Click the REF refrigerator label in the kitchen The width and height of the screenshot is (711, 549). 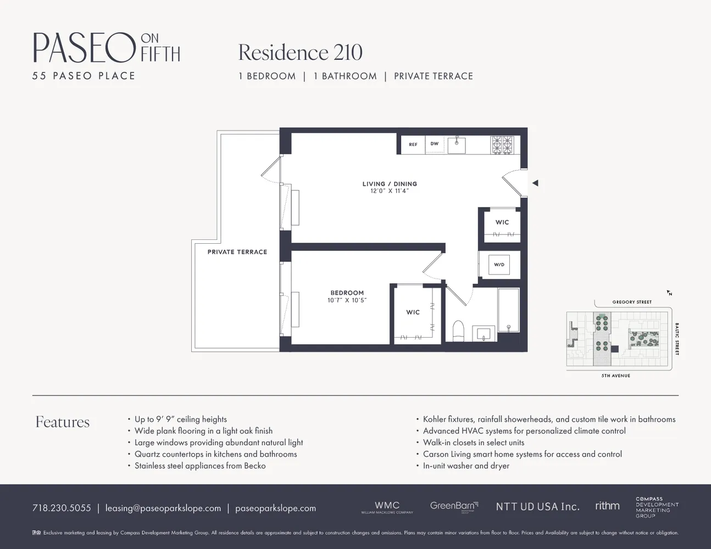point(413,144)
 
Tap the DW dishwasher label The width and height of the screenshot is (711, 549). point(434,144)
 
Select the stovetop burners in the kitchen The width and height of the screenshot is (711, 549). point(502,144)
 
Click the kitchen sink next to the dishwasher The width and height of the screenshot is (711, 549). point(457,145)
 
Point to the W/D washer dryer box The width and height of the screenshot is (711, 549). point(499,265)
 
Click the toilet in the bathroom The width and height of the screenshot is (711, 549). point(458,330)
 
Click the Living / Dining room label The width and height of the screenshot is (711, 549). point(390,184)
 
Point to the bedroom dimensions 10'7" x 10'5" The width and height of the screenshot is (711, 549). point(347,300)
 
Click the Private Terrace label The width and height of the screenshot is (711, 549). point(237,252)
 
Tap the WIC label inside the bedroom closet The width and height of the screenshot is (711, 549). point(413,312)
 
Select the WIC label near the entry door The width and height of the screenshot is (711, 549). point(502,222)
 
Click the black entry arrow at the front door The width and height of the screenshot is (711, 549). point(535,183)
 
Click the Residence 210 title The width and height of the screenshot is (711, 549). point(300,53)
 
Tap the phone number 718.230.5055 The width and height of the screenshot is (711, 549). point(62,508)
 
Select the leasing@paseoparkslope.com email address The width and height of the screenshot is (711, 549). point(163,508)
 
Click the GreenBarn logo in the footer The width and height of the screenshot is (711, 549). point(454,506)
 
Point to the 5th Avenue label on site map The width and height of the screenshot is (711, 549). point(615,376)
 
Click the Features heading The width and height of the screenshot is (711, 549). point(63,422)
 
